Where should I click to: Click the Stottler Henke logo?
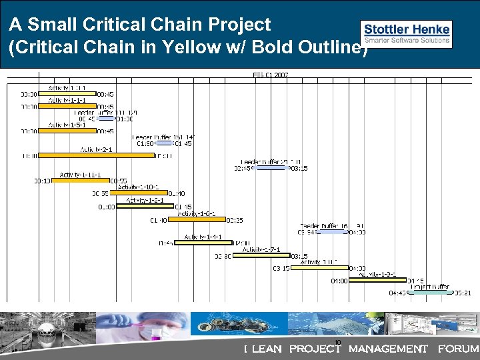click(406, 33)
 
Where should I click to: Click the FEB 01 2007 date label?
click(271, 75)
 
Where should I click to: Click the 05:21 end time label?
click(463, 293)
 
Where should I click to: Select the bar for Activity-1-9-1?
click(377, 280)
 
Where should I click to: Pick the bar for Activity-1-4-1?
click(203, 243)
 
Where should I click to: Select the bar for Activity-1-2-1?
click(145, 206)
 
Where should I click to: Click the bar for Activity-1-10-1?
click(139, 193)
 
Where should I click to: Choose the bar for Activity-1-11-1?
click(80, 181)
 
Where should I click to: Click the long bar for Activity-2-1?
click(96, 155)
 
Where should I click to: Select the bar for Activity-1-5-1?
click(67, 131)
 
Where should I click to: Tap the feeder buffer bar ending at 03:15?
click(271, 168)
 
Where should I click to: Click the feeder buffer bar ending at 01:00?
click(106, 119)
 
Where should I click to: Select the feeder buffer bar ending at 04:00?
click(339, 232)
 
